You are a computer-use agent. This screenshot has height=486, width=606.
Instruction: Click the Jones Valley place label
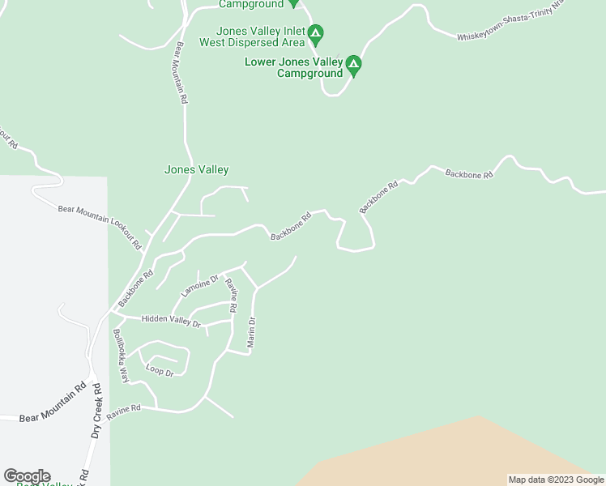[196, 170]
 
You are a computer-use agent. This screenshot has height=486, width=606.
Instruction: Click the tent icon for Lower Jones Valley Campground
[353, 63]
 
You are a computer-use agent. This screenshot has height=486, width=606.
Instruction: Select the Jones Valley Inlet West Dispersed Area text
[249, 36]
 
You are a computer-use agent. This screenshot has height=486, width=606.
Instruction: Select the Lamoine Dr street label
[200, 286]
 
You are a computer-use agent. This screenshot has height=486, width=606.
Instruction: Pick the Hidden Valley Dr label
[170, 320]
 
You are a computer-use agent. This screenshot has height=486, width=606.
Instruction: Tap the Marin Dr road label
[252, 333]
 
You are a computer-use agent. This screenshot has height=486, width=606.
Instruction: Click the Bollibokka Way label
[121, 356]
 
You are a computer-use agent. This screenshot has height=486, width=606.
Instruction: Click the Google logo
[27, 476]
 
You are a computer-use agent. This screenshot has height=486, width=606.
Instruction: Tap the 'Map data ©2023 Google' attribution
[556, 480]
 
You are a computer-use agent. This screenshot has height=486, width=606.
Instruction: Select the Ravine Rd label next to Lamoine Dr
[232, 296]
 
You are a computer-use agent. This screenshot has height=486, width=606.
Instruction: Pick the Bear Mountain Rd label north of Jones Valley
[182, 73]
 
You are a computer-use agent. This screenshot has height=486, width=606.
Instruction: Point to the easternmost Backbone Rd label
[469, 174]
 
